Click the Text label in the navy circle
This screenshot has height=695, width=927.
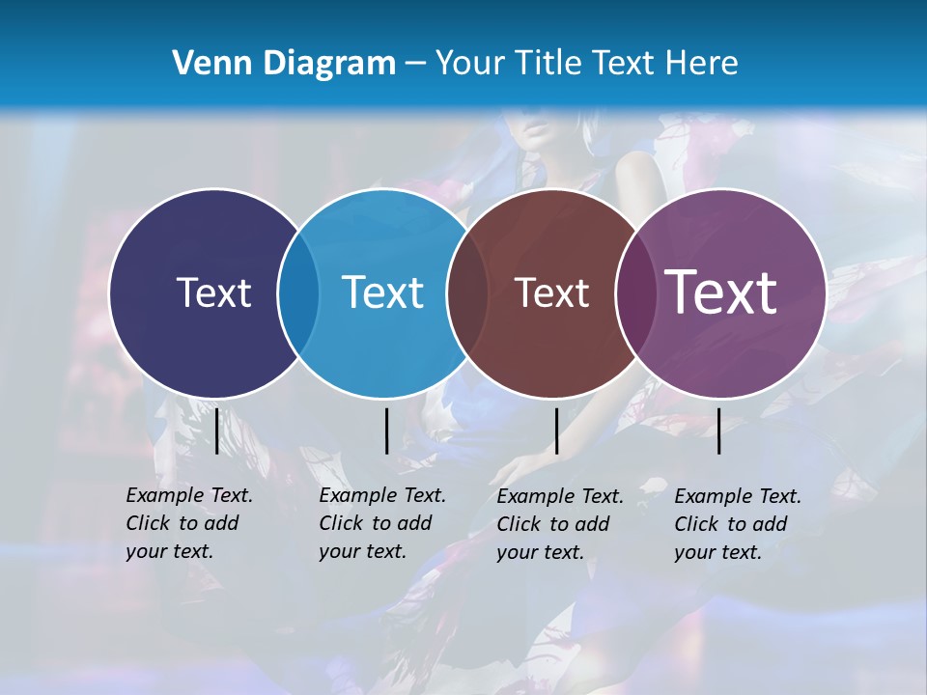pyautogui.click(x=213, y=292)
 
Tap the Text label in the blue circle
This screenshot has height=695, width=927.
pyautogui.click(x=382, y=292)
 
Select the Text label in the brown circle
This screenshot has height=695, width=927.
pyautogui.click(x=551, y=292)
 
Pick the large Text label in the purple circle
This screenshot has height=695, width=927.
pyautogui.click(x=721, y=292)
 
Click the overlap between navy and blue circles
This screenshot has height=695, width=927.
pyautogui.click(x=298, y=292)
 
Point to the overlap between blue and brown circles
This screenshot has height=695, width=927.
pyautogui.click(x=467, y=292)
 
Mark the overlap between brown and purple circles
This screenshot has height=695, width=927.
pyautogui.click(x=635, y=292)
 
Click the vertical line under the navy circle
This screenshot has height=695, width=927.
pyautogui.click(x=217, y=431)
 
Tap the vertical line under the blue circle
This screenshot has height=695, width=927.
pyautogui.click(x=386, y=431)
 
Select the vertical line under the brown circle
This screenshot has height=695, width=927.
pyautogui.click(x=556, y=431)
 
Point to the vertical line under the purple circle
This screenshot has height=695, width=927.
pyautogui.click(x=718, y=431)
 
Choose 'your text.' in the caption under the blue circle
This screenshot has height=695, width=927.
pyautogui.click(x=362, y=551)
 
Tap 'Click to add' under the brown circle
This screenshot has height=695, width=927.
pyautogui.click(x=553, y=524)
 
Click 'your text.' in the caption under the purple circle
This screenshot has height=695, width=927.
pyautogui.click(x=717, y=552)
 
